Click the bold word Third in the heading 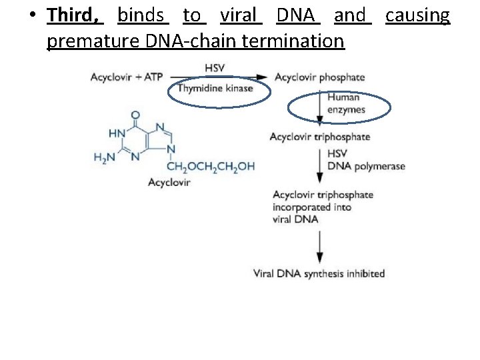(x=74, y=15)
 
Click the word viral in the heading (x=238, y=15)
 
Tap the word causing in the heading (x=418, y=15)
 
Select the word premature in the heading (x=91, y=41)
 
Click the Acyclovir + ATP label (x=127, y=77)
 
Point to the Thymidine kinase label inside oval (x=215, y=88)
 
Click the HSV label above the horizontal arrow (x=215, y=67)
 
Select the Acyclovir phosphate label (x=319, y=77)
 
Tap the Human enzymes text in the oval (x=343, y=103)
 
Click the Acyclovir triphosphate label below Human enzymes (x=319, y=137)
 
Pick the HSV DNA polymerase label (x=365, y=160)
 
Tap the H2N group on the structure (x=105, y=157)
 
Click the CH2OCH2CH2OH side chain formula (x=211, y=167)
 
